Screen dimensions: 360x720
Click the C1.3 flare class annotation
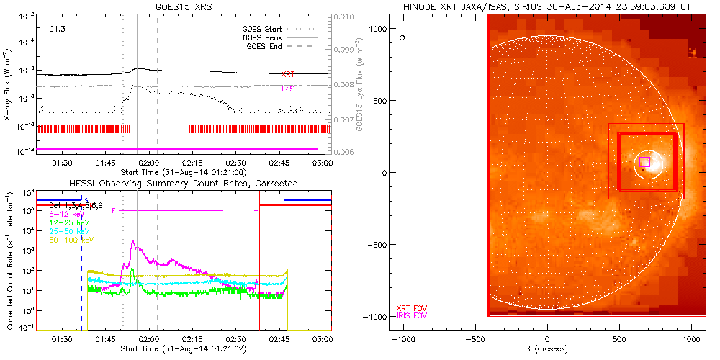[x=58, y=30]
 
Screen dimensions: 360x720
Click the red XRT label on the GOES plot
[x=288, y=74]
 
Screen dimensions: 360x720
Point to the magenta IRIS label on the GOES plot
[x=288, y=89]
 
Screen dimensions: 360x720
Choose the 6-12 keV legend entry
[x=66, y=214]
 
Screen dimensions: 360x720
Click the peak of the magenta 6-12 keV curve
[x=132, y=242]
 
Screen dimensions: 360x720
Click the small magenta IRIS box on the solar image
[x=645, y=161]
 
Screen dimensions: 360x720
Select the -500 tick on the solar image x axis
[x=474, y=338]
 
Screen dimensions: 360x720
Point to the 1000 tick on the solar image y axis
[x=379, y=27]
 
